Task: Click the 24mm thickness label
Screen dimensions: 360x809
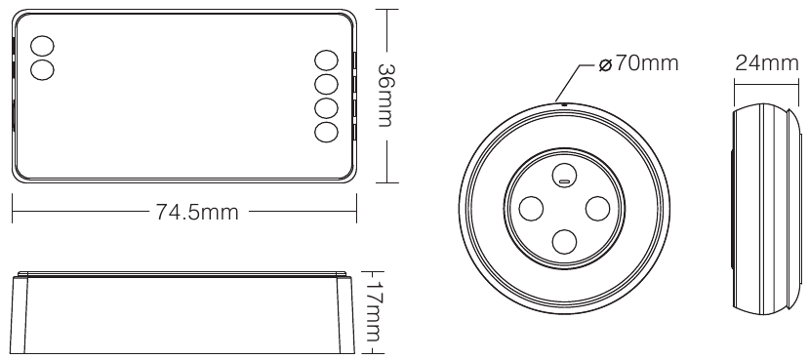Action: point(765,64)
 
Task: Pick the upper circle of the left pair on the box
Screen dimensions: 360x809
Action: point(44,46)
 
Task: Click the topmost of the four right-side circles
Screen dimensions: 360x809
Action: point(327,61)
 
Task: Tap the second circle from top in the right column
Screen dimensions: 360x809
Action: point(327,85)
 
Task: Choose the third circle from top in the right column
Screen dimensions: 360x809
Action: point(327,107)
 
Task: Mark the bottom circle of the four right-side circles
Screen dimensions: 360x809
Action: point(327,131)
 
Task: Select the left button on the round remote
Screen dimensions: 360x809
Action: point(531,208)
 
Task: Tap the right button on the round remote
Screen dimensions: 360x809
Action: point(595,208)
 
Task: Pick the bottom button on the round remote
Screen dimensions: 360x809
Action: point(563,240)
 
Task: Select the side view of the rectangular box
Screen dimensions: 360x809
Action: point(182,308)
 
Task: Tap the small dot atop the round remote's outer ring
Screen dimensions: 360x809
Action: point(563,101)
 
